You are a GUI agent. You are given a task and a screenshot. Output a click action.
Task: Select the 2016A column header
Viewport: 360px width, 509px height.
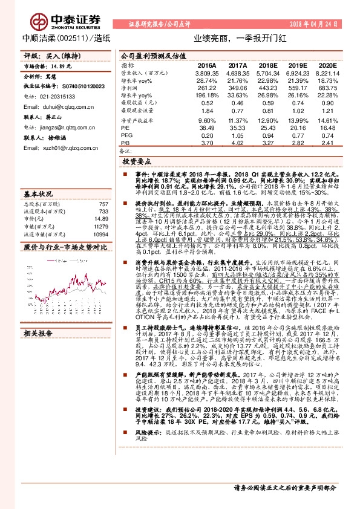[207, 65]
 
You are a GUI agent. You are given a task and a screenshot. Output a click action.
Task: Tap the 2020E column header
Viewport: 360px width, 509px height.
[327, 65]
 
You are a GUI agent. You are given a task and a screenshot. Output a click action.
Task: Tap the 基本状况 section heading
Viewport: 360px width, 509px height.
[38, 194]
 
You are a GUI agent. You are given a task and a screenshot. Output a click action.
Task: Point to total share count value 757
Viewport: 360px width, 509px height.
[103, 204]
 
